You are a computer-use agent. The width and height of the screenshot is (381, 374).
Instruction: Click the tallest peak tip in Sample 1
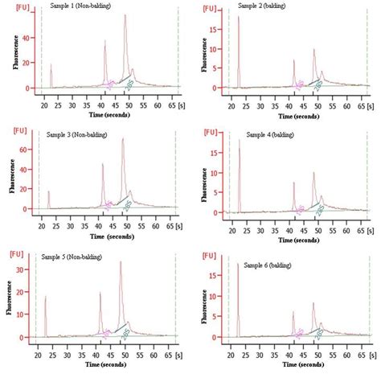pyautogui.click(x=125, y=14)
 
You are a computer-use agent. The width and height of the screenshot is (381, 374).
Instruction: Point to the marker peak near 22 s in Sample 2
pyautogui.click(x=239, y=16)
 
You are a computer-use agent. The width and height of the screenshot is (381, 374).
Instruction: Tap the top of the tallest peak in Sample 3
pyautogui.click(x=122, y=138)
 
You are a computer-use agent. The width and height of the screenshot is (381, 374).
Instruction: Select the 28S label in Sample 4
pyautogui.click(x=320, y=209)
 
